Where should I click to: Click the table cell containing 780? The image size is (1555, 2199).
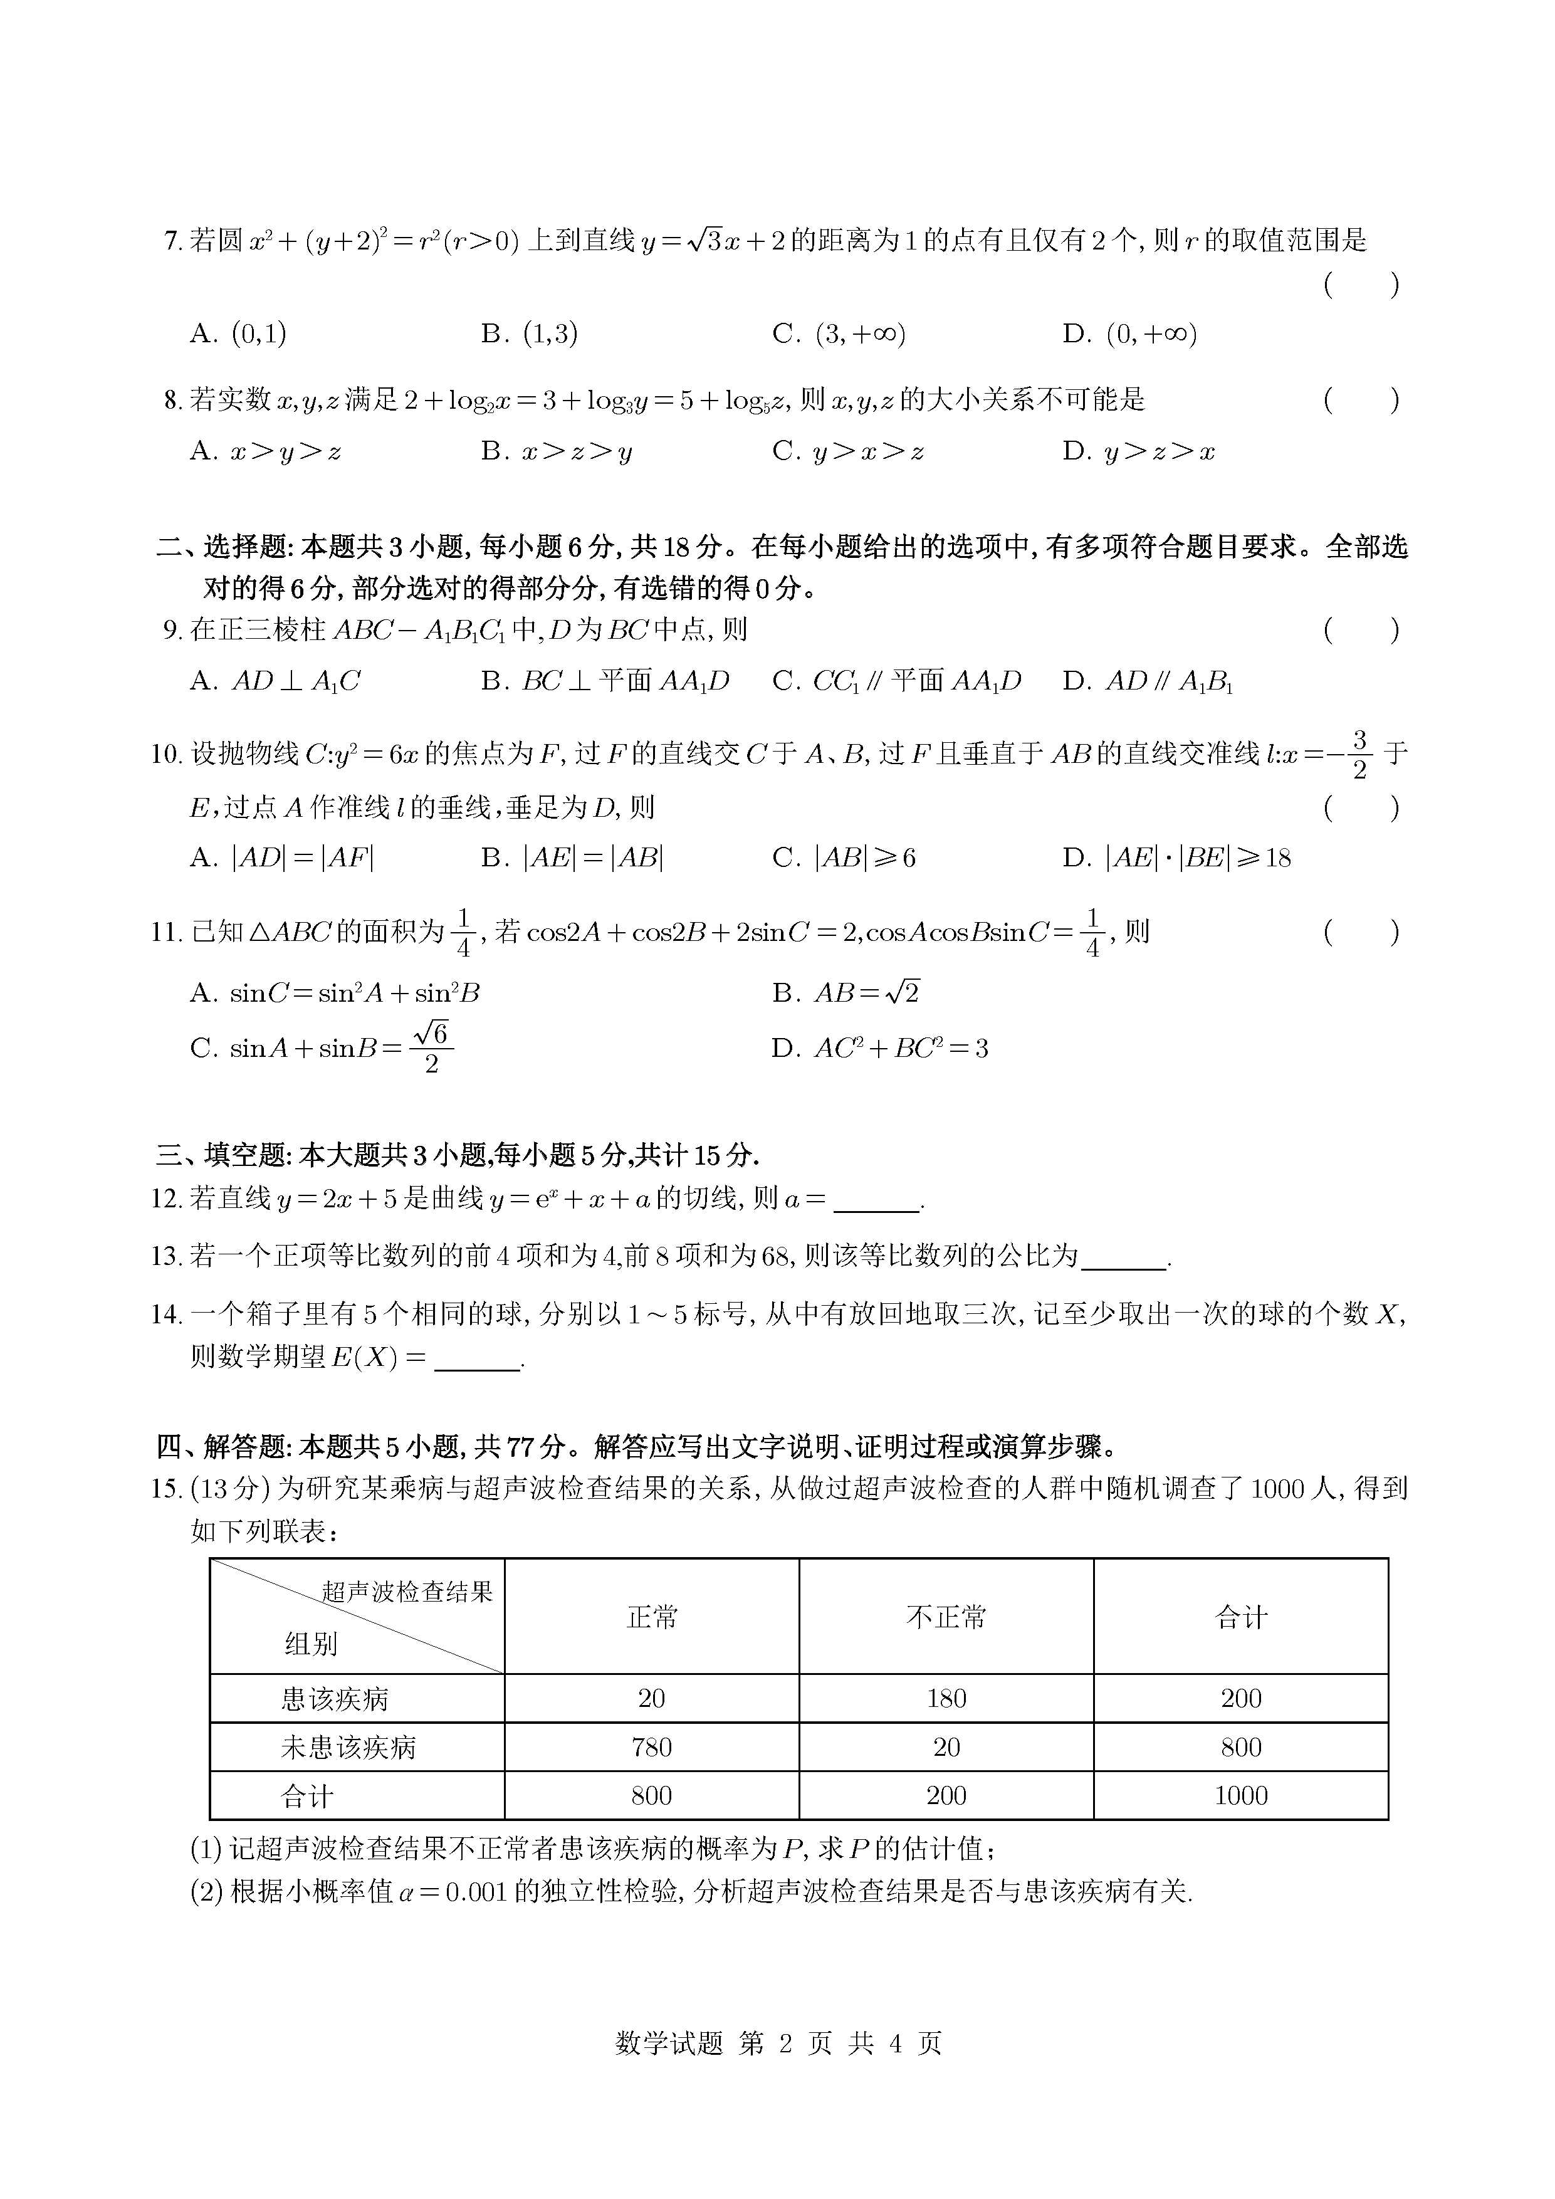coord(651,1747)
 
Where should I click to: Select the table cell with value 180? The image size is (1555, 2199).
coord(946,1698)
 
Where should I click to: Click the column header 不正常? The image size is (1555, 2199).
coord(946,1618)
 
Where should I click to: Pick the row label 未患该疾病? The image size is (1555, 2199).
coord(348,1748)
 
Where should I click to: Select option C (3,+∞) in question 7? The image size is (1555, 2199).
coord(839,333)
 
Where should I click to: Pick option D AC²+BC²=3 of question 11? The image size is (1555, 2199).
coord(880,1049)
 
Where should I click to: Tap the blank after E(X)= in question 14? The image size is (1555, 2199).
coord(477,1360)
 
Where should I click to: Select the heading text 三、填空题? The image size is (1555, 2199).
coord(219,1156)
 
